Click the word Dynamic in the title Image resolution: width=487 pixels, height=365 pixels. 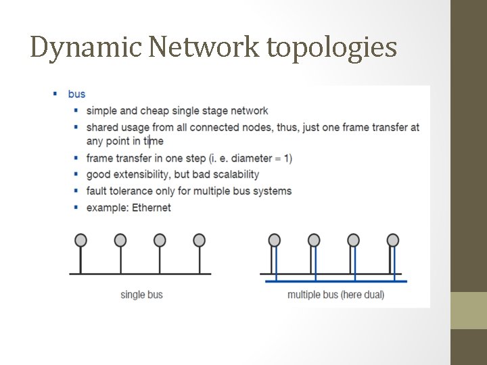point(85,47)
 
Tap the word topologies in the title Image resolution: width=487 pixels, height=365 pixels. point(332,47)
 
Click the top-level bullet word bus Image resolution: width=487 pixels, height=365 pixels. point(76,94)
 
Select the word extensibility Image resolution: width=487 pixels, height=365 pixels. point(147,174)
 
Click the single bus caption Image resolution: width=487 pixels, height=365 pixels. point(141,295)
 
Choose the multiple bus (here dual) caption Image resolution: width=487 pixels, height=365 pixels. point(335,295)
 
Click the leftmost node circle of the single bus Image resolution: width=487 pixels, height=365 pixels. point(80,240)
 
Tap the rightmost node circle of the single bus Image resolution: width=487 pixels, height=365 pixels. point(199,240)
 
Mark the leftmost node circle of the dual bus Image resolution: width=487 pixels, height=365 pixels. point(274,240)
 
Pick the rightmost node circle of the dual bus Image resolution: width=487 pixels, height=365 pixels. point(393,240)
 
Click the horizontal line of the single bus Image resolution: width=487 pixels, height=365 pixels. point(140,274)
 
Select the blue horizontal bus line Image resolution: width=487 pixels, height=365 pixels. point(335,281)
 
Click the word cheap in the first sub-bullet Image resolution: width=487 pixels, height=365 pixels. point(154,111)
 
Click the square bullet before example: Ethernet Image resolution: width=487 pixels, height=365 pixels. point(76,208)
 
